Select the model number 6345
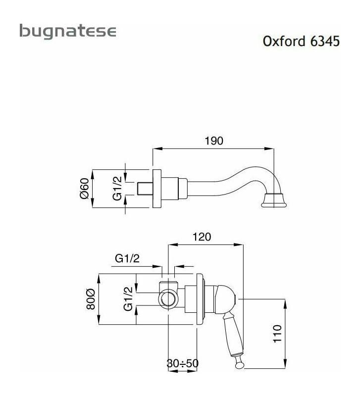pyautogui.click(x=324, y=41)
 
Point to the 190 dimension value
pyautogui.click(x=214, y=141)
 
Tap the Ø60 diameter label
pyautogui.click(x=85, y=190)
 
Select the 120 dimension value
pyautogui.click(x=202, y=237)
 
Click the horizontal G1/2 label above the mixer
pyautogui.click(x=127, y=258)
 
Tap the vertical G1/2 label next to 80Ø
pyautogui.click(x=128, y=299)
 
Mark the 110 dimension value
pyautogui.click(x=277, y=334)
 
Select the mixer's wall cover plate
pyautogui.click(x=200, y=299)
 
